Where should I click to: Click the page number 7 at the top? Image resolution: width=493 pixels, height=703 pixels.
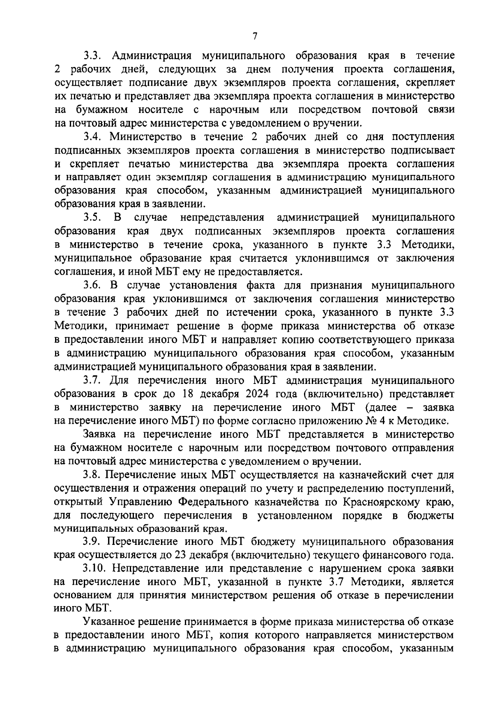click(255, 37)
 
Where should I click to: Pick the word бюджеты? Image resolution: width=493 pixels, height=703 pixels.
click(433, 515)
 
